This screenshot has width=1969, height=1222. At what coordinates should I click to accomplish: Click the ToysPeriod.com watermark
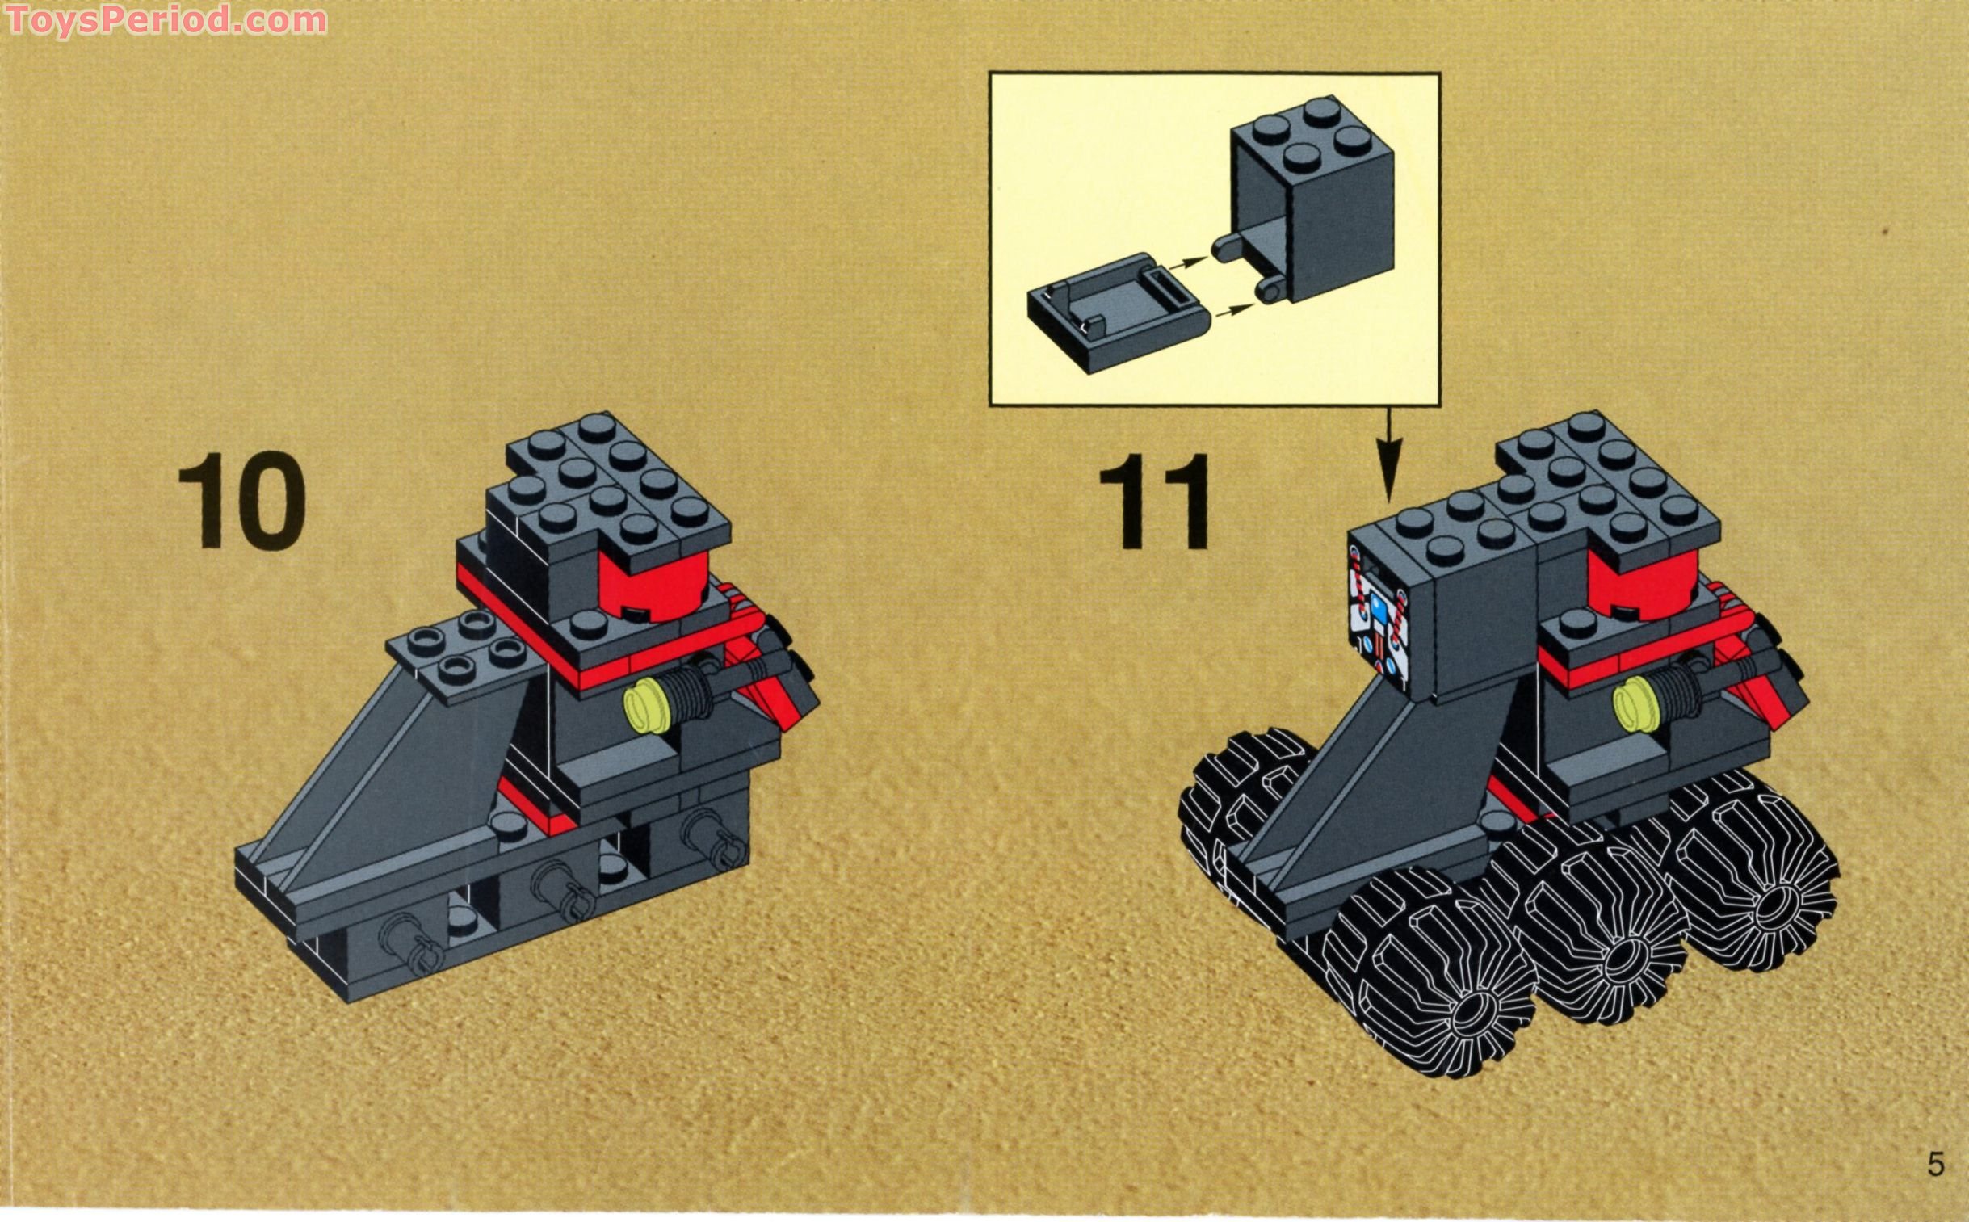166,19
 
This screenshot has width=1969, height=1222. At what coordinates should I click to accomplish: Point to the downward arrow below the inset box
1388,452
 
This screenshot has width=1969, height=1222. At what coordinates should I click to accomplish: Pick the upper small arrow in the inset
1183,262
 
